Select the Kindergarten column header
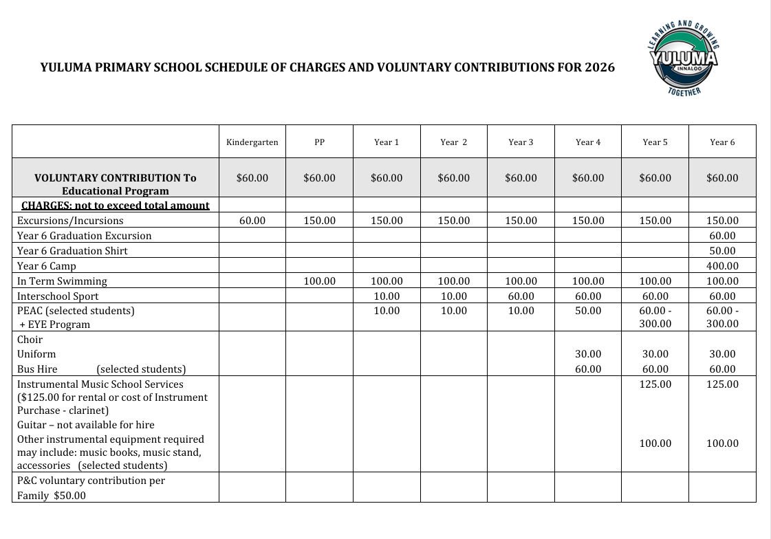pyautogui.click(x=252, y=142)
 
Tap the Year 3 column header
pyautogui.click(x=521, y=142)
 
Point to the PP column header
pyautogui.click(x=319, y=142)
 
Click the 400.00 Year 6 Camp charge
pyautogui.click(x=722, y=266)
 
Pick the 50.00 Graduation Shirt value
pyautogui.click(x=722, y=251)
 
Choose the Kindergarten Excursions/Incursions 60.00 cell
pyautogui.click(x=252, y=221)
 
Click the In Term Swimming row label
pyautogui.click(x=62, y=281)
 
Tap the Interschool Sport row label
pyautogui.click(x=58, y=296)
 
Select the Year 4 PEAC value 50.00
pyautogui.click(x=588, y=311)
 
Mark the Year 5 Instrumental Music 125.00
pyautogui.click(x=655, y=384)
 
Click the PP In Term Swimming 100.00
pyautogui.click(x=319, y=281)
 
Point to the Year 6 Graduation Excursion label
pyautogui.click(x=84, y=236)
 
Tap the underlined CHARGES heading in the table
pyautogui.click(x=115, y=206)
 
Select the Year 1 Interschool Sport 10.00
pyautogui.click(x=387, y=296)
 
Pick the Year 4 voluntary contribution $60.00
pyautogui.click(x=588, y=178)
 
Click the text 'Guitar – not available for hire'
pyautogui.click(x=86, y=425)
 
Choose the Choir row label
pyautogui.click(x=30, y=340)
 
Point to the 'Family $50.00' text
pyautogui.click(x=52, y=495)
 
